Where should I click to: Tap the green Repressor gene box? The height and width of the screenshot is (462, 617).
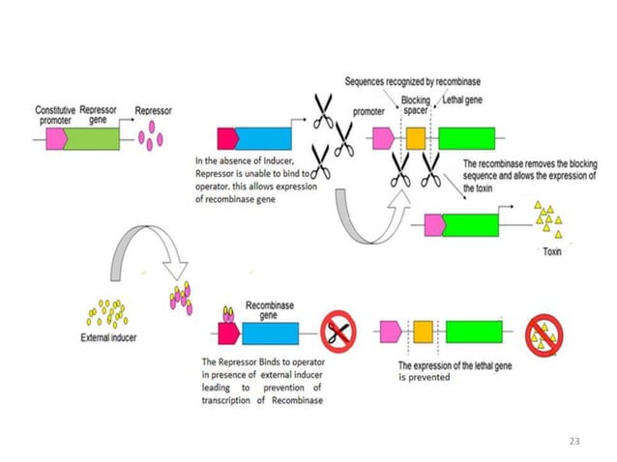tap(93, 138)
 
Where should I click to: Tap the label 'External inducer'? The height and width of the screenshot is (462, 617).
tap(108, 339)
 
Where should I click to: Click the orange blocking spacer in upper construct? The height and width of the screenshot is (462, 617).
tap(416, 139)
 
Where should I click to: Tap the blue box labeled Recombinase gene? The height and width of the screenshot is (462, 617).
tap(270, 333)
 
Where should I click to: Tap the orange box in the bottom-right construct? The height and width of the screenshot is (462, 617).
tap(423, 333)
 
